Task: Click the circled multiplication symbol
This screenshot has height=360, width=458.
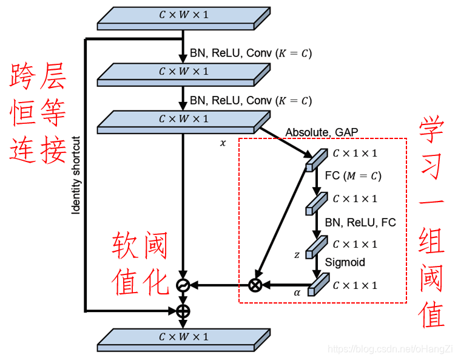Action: pos(256,285)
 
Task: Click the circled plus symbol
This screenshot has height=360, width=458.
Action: pos(183,311)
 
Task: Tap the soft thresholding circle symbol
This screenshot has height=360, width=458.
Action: pos(183,285)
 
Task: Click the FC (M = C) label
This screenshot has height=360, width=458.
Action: pos(352,176)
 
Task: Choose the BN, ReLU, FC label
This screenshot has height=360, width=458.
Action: pos(360,222)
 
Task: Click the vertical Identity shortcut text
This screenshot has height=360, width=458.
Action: pos(76,175)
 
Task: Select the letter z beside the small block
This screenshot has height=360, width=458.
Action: pos(297,255)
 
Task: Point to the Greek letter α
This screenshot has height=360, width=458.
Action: pos(297,293)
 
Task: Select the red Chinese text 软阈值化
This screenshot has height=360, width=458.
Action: pos(140,265)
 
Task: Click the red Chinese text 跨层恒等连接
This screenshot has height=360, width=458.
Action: pos(38,115)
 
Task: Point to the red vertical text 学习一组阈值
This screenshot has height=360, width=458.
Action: pos(434,222)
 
